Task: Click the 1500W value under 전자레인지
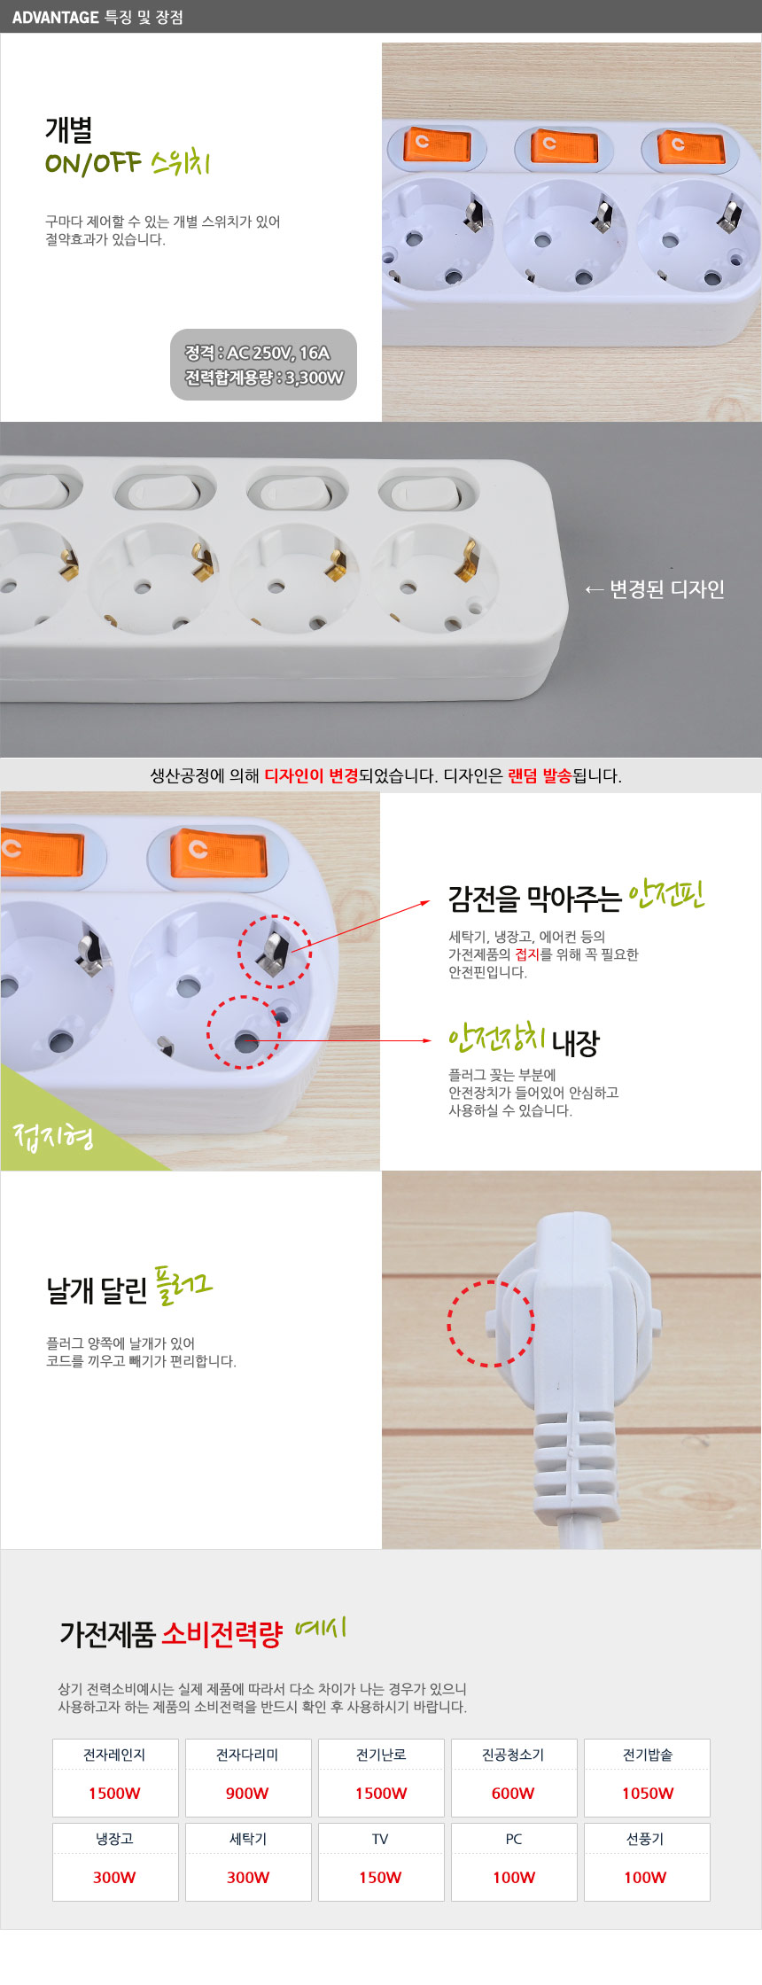pos(114,1793)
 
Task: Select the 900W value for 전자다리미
pos(247,1793)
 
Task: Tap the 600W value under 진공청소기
pos(513,1793)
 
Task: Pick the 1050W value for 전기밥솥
pos(648,1793)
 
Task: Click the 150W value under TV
pos(380,1877)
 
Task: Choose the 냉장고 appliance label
pos(114,1839)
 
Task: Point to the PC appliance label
pos(514,1839)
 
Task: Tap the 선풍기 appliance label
pos(645,1839)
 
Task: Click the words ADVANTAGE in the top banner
pos(55,17)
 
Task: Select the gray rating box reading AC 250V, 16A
pos(263,364)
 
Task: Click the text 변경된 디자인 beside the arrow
pos(667,589)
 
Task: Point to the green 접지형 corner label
pos(53,1135)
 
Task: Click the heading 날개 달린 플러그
pos(129,1288)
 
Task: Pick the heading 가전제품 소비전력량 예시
pos(203,1631)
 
